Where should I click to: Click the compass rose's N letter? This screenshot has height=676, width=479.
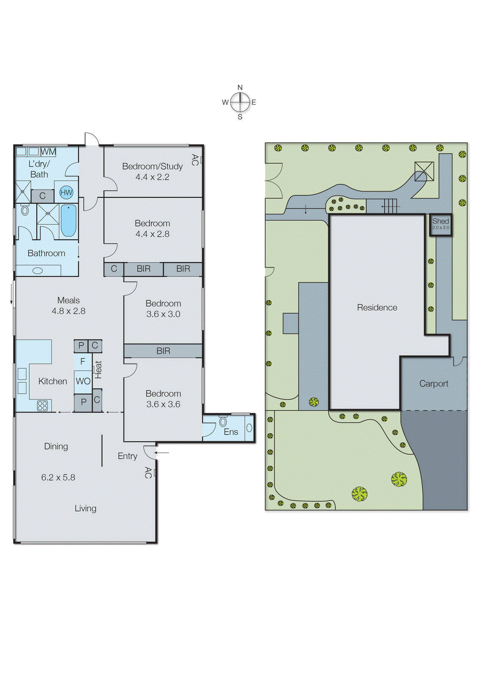tap(240, 87)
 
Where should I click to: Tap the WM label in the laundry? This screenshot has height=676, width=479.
tap(48, 152)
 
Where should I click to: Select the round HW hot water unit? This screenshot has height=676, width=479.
tap(66, 193)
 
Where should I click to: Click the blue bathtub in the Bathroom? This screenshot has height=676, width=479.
tap(68, 221)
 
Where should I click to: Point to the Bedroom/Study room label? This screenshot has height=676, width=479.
tap(152, 166)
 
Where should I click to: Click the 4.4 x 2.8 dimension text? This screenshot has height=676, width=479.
tap(152, 234)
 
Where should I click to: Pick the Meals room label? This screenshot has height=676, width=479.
tap(68, 300)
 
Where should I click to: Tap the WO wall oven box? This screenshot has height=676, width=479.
tap(83, 381)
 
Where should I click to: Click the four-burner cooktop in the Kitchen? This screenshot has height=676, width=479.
tap(42, 406)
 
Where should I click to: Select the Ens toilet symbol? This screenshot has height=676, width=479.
tap(223, 422)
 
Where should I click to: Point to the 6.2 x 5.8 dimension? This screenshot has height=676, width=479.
tap(58, 477)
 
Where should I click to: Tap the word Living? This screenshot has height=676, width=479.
tap(85, 508)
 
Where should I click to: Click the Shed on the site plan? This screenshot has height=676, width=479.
tap(441, 224)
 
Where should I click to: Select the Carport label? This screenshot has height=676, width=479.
tap(434, 384)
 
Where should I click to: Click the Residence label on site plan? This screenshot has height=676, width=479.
tap(377, 308)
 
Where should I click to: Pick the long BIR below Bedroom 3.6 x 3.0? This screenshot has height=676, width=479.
tap(163, 351)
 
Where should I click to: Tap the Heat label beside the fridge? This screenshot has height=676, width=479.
tap(98, 369)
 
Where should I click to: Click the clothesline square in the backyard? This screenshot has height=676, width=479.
tap(424, 172)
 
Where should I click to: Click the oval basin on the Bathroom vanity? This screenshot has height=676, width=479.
tap(38, 270)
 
